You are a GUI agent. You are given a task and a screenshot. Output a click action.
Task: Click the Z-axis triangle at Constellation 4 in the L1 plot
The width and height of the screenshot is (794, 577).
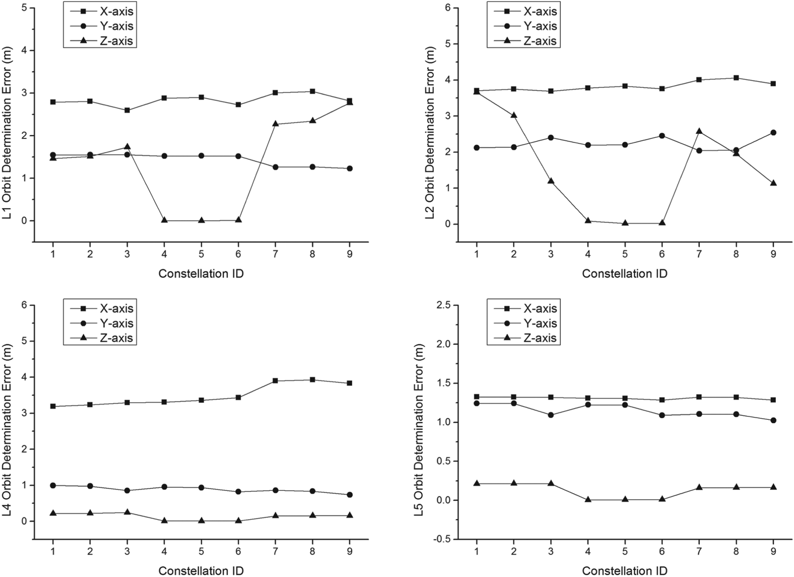[164, 220]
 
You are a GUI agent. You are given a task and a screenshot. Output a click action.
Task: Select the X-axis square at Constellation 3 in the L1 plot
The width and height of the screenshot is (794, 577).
[127, 110]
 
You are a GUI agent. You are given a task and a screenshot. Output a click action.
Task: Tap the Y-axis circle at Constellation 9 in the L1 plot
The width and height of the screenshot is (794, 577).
[349, 169]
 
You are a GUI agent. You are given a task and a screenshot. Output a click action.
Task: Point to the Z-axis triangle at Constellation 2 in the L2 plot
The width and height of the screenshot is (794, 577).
[514, 115]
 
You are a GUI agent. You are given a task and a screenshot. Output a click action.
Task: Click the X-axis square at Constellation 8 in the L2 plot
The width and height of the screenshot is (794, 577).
[736, 78]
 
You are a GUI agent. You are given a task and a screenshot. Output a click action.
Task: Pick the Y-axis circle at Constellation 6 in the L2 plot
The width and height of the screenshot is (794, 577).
[662, 136]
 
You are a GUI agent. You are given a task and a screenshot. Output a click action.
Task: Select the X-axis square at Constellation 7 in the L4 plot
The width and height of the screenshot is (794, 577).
[275, 381]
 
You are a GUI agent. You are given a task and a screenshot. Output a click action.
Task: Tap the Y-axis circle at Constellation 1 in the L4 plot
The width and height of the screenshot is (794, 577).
[53, 486]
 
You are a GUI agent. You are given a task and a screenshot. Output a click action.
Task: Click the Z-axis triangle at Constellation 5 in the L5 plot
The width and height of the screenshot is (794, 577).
[625, 499]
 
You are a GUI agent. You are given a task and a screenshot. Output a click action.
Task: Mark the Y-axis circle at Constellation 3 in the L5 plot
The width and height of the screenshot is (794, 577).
[551, 415]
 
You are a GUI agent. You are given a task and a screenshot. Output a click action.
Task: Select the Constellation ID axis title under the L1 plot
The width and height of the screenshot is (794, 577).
[201, 273]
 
